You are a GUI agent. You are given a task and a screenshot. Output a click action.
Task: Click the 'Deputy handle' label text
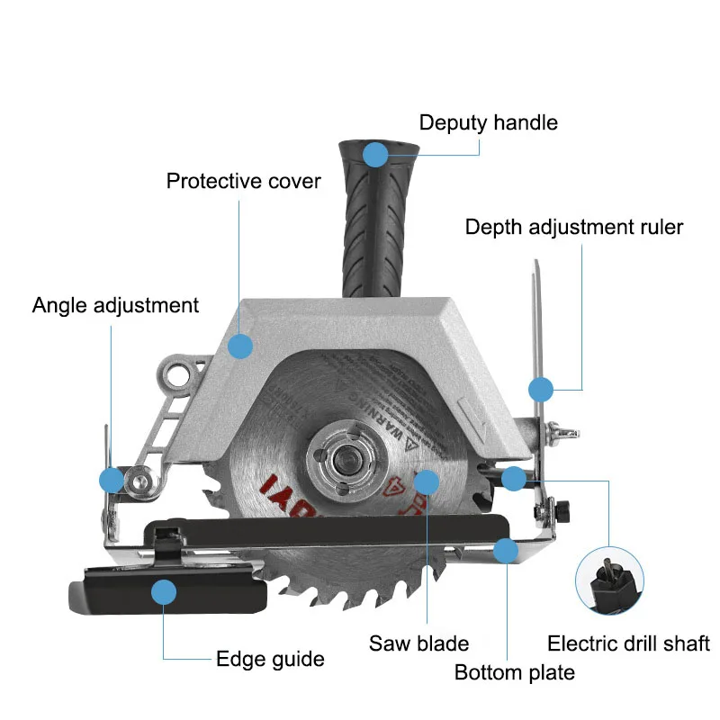tap(488, 122)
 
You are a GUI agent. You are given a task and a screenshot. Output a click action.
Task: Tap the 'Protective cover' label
tap(243, 181)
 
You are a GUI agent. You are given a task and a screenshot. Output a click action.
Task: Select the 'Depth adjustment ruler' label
tap(573, 227)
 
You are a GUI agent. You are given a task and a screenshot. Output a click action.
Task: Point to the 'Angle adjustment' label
tap(115, 305)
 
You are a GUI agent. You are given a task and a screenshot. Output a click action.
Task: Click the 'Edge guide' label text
tap(270, 659)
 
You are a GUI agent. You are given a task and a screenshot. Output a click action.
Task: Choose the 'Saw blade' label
tap(418, 643)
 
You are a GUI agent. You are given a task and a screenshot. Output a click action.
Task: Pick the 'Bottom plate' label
tap(514, 672)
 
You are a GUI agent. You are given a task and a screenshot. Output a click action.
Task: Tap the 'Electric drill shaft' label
tap(628, 643)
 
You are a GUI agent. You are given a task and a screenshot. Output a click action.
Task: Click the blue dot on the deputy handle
tap(375, 154)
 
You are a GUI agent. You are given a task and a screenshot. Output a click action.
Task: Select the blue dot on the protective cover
tap(239, 346)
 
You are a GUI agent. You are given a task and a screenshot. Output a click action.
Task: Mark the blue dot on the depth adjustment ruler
tap(539, 390)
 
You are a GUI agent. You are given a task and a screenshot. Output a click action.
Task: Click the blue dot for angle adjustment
tap(112, 480)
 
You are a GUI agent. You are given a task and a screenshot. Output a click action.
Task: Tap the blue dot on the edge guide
tap(163, 591)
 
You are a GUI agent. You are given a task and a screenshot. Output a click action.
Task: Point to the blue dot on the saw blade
tap(427, 481)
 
